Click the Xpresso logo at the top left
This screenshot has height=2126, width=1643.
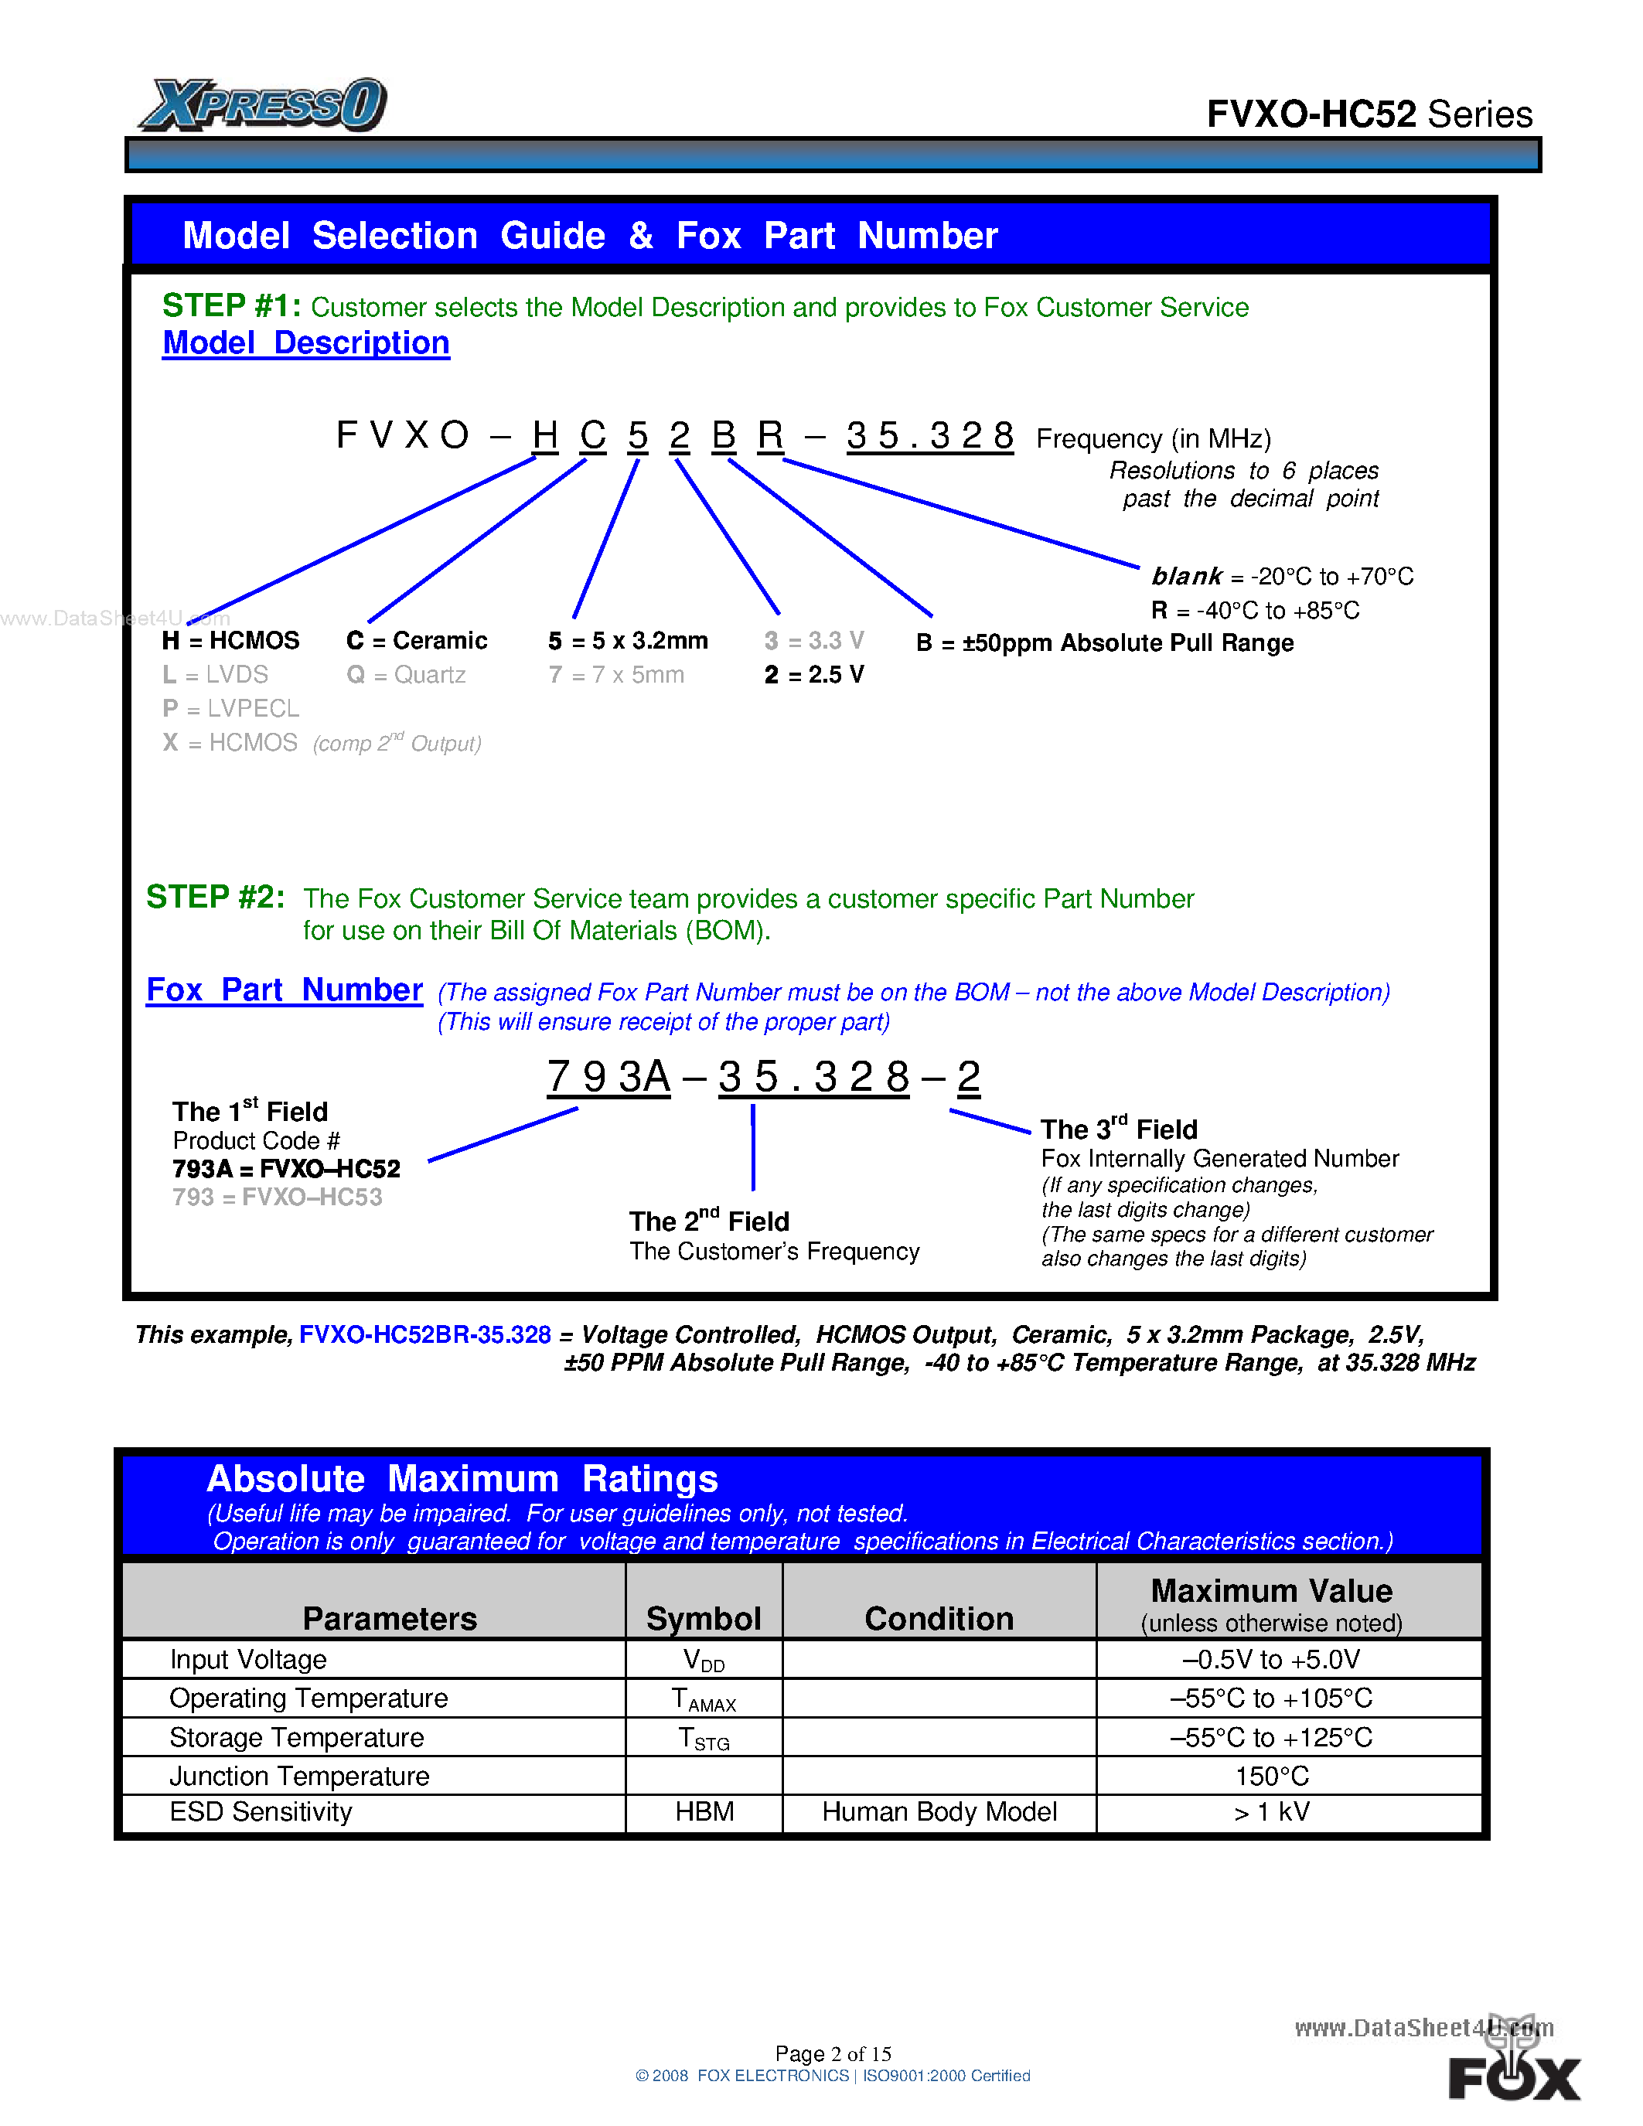click(x=264, y=104)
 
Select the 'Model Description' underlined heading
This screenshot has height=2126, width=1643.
click(x=305, y=342)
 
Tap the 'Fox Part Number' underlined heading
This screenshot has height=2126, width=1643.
click(x=285, y=990)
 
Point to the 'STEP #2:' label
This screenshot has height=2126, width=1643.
click(x=215, y=897)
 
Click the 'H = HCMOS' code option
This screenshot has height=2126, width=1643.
click(x=230, y=641)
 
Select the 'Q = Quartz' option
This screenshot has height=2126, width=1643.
click(x=406, y=675)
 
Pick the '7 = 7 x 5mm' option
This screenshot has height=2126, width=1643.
click(x=616, y=675)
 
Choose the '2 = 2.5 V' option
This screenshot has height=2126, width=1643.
click(x=813, y=675)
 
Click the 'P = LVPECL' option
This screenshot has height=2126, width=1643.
click(x=230, y=709)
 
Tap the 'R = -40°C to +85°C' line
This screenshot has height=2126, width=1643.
click(x=1256, y=610)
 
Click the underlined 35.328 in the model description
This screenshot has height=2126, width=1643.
click(x=929, y=435)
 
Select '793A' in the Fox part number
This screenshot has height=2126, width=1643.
click(x=608, y=1077)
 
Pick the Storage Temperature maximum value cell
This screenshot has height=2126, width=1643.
click(x=1271, y=1738)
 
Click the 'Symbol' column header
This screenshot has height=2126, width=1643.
click(x=704, y=1618)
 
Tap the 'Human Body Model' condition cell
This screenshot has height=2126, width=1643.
click(x=939, y=1811)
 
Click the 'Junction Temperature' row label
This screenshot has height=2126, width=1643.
click(x=298, y=1776)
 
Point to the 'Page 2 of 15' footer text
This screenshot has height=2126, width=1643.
click(x=833, y=2053)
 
